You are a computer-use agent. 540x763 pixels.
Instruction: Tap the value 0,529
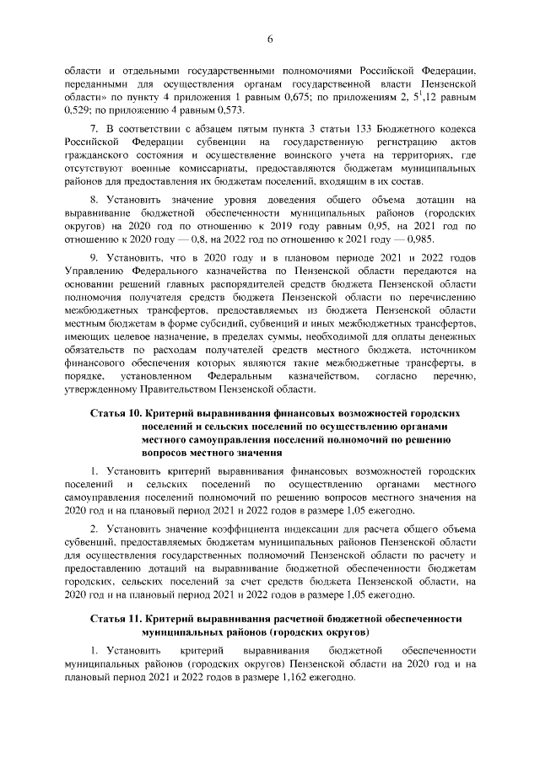79,110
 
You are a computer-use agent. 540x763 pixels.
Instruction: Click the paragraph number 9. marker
94,260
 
